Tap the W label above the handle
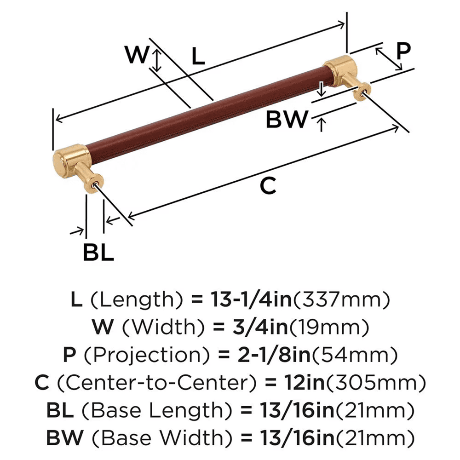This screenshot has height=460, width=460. (138, 55)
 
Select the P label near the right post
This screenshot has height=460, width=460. (403, 51)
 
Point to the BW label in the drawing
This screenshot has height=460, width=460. (287, 120)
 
